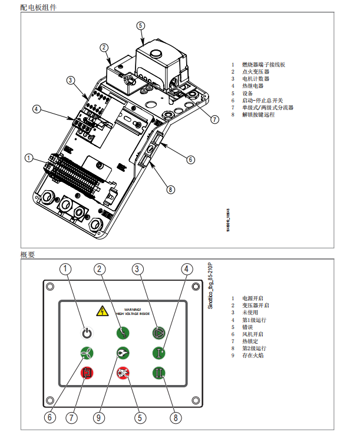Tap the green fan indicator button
87,353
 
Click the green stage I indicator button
158,353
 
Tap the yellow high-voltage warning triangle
101,311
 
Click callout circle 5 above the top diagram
140,26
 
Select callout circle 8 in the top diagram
170,190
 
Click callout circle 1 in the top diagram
29,158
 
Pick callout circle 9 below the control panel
100,417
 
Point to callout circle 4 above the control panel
187,269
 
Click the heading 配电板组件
39,8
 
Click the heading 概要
28,255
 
